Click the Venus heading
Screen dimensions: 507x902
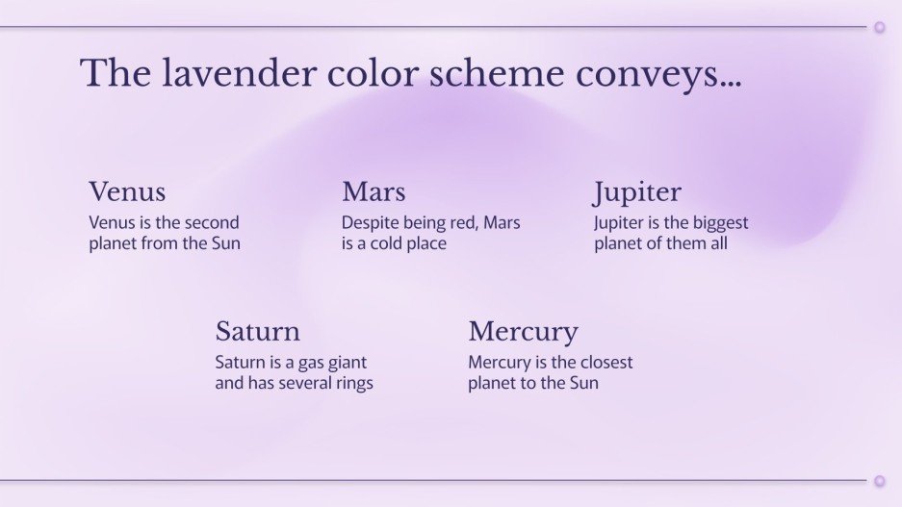tap(127, 191)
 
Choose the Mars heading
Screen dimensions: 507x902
tap(374, 191)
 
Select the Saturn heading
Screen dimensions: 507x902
tap(258, 332)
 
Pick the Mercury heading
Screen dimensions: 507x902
tap(523, 333)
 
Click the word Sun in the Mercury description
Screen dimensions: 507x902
tap(582, 383)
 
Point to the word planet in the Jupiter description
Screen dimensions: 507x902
tap(621, 243)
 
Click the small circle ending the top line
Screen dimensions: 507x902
tap(879, 27)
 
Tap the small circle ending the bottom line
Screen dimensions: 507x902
tap(879, 480)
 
